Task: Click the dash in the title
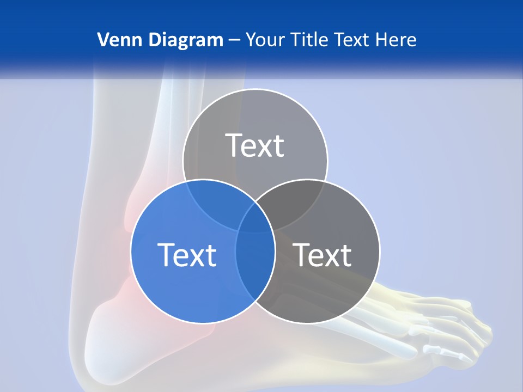[234, 40]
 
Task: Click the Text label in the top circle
[255, 145]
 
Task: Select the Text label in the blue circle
[187, 255]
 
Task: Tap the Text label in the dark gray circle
[323, 255]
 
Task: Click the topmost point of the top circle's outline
[255, 89]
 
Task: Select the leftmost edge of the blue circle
[131, 252]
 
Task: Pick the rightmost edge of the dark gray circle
[380, 252]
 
